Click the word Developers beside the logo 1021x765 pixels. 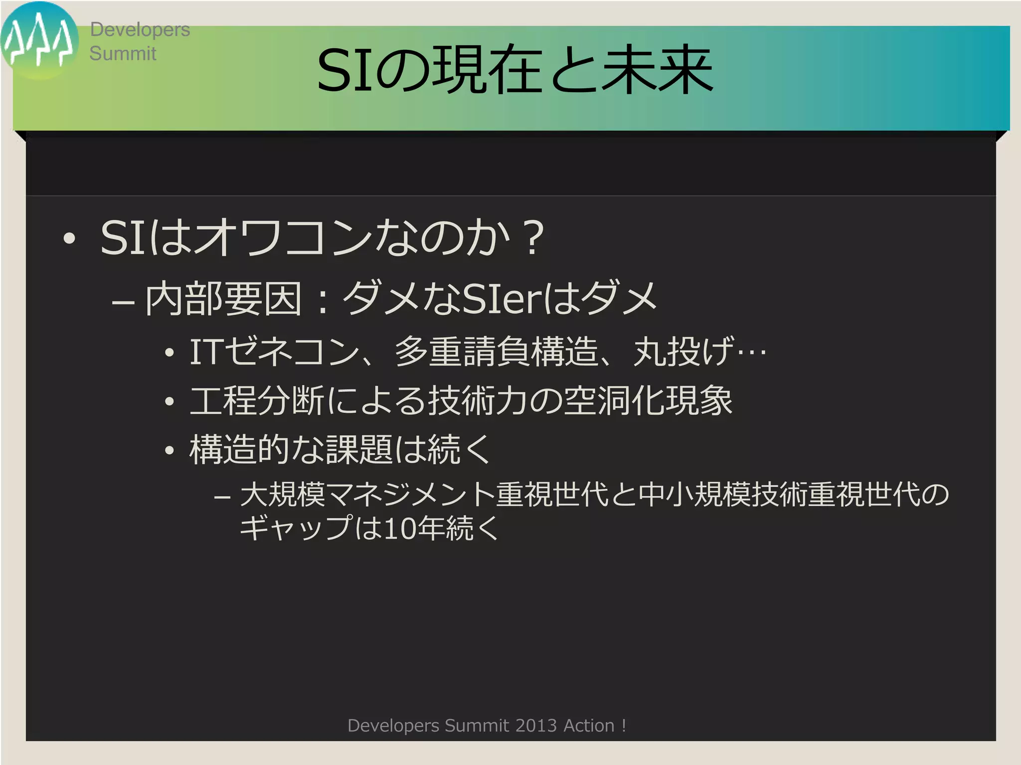coord(140,30)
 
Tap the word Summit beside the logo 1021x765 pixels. coord(123,53)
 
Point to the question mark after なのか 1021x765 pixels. coord(533,238)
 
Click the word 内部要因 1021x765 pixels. coord(223,299)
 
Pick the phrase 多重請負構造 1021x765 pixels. coord(496,352)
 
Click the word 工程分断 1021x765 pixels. coord(257,401)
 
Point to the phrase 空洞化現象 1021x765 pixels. coord(648,401)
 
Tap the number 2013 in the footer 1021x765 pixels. coord(536,726)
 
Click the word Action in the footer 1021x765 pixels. coord(589,726)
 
